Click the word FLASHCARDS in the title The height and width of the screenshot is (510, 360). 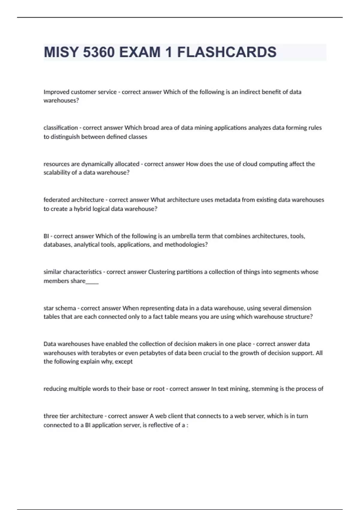pyautogui.click(x=226, y=52)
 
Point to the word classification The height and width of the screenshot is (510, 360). pyautogui.click(x=61, y=128)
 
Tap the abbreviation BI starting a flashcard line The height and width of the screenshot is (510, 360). pyautogui.click(x=46, y=236)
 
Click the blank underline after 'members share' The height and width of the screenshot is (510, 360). pyautogui.click(x=92, y=281)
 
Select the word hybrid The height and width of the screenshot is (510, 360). pyautogui.click(x=82, y=209)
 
